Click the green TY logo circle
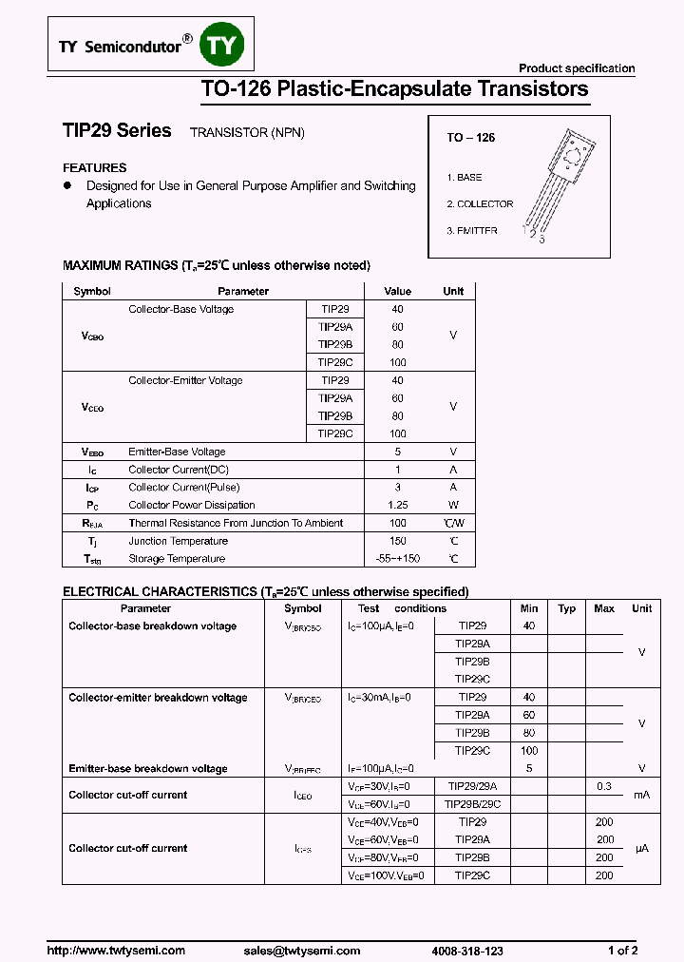[x=225, y=45]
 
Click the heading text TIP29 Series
[x=117, y=131]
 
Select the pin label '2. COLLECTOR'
[x=480, y=204]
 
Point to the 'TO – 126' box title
[x=471, y=138]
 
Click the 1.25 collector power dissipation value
[x=397, y=505]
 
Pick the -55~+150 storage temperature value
[x=397, y=559]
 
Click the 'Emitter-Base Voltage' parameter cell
[x=177, y=452]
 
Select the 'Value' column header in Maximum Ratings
[x=397, y=291]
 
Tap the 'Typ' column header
[x=567, y=608]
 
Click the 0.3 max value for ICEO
[x=604, y=786]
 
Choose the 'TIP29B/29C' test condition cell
[x=472, y=804]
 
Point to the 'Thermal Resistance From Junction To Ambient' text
[x=236, y=523]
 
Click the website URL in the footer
[x=116, y=951]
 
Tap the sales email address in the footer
[x=302, y=951]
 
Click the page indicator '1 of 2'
[x=622, y=951]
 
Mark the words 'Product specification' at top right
[x=577, y=68]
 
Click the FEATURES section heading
[x=94, y=167]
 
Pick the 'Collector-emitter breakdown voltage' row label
[x=158, y=698]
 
